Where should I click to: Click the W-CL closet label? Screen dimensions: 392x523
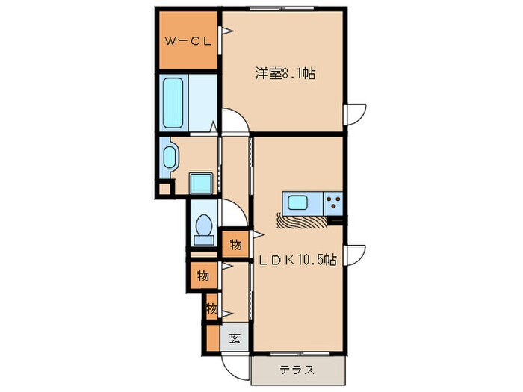[187, 40]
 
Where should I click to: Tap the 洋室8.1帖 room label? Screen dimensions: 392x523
[285, 73]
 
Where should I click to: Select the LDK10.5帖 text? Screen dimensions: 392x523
[297, 261]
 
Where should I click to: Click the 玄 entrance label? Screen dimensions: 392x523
[235, 337]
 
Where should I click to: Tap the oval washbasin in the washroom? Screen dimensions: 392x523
[170, 158]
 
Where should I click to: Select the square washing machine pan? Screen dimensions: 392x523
[200, 183]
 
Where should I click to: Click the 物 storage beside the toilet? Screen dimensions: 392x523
[235, 244]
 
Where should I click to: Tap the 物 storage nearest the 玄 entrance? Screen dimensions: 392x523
[212, 308]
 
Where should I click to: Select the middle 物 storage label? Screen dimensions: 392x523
[202, 276]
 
